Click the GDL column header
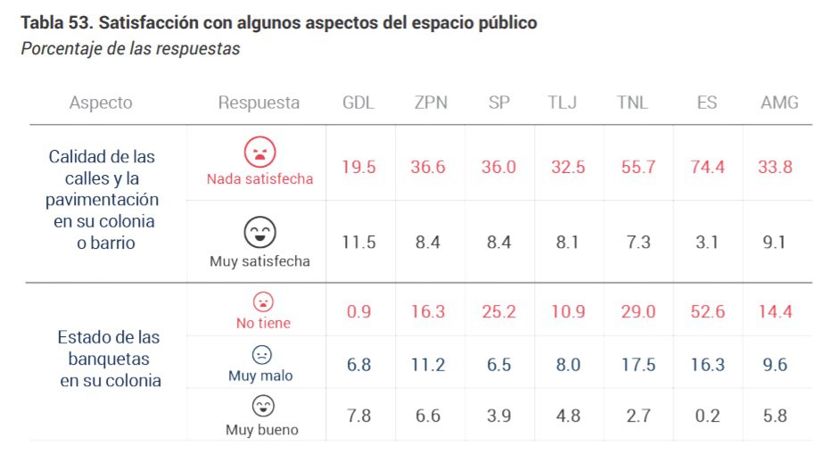coord(358,103)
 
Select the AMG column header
coord(779,103)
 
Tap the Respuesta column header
coord(259,103)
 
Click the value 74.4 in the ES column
coord(707,167)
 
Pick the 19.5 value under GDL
coord(358,167)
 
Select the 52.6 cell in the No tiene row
coord(707,312)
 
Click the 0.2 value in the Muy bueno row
coord(707,416)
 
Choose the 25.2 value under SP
coord(498,312)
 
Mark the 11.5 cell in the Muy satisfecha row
coord(358,243)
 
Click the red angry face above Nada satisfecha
coord(260,151)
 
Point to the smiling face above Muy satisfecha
coord(260,232)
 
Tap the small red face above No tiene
coord(263,301)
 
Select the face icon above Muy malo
coord(261,354)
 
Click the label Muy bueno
coord(261,430)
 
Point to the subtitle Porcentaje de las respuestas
coord(130,48)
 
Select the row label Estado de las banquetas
coord(109,359)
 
